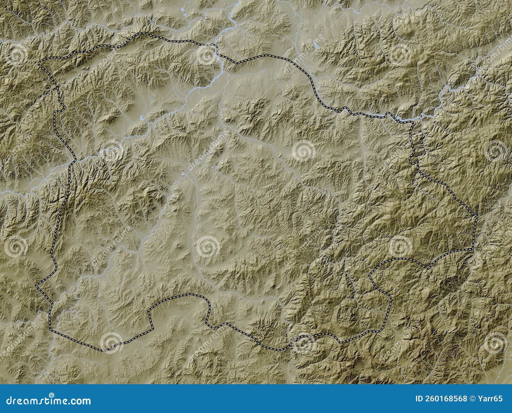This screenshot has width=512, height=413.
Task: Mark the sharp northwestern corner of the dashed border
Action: tap(39, 64)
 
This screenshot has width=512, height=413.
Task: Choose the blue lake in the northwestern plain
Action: tap(141, 117)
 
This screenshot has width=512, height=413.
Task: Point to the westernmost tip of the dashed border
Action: tap(36, 285)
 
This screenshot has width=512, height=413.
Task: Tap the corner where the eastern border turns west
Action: tap(473, 249)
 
